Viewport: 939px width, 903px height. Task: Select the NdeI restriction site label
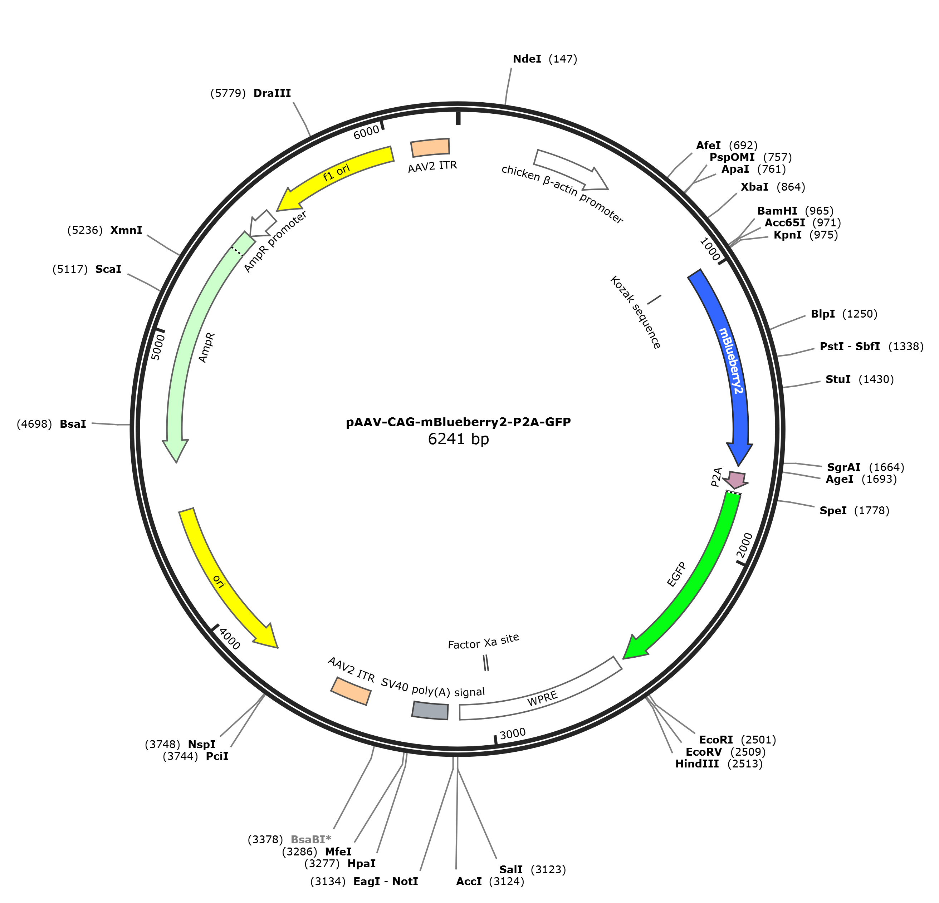[x=527, y=59]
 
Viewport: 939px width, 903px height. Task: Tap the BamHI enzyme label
[x=777, y=211]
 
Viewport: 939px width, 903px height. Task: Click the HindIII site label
[x=697, y=764]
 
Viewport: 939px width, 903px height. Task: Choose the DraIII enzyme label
[x=272, y=93]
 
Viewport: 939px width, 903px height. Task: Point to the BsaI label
[x=73, y=424]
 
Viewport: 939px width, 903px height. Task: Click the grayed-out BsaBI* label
[x=311, y=839]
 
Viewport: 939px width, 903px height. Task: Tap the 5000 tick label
[x=158, y=347]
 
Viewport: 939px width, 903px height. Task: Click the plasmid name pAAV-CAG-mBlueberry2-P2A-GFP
[x=459, y=422]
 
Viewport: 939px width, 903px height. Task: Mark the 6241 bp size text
[x=459, y=439]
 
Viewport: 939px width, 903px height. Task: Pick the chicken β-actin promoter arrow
[x=570, y=169]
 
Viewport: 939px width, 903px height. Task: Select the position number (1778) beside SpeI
[x=872, y=511]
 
